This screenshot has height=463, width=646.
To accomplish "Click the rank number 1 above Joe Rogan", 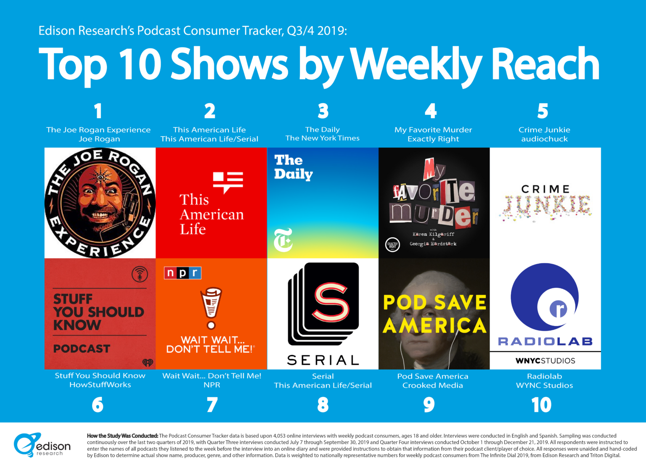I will click(98, 111).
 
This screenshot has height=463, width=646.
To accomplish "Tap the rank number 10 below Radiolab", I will click(541, 405).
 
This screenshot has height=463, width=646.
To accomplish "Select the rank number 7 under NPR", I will click(212, 405).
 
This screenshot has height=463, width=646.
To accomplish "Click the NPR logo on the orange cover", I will click(183, 273).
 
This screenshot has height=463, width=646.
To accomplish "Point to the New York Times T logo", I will click(283, 240).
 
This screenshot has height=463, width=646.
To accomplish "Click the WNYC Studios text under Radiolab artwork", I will click(545, 361).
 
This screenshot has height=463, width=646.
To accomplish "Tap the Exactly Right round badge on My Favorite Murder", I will click(392, 245).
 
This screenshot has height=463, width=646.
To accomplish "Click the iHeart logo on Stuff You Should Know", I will click(148, 362).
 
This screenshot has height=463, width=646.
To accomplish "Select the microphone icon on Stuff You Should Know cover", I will click(140, 275).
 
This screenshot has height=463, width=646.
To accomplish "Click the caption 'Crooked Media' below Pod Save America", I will click(432, 385).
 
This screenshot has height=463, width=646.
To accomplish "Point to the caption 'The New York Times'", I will click(323, 138).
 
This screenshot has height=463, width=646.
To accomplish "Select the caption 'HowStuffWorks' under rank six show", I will click(100, 385).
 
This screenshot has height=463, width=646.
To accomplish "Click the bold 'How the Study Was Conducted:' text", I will click(122, 436).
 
